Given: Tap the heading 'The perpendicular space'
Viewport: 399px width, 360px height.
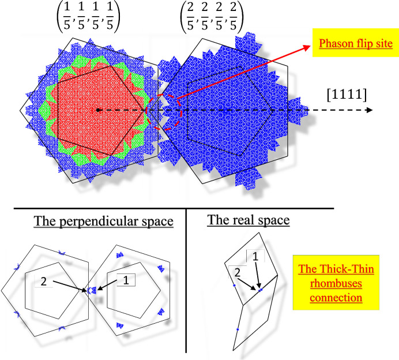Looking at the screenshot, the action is pos(104,222).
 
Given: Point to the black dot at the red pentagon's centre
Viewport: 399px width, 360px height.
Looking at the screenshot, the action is pos(99,110).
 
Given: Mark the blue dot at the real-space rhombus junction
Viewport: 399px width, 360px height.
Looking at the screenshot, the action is pos(261,289).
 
